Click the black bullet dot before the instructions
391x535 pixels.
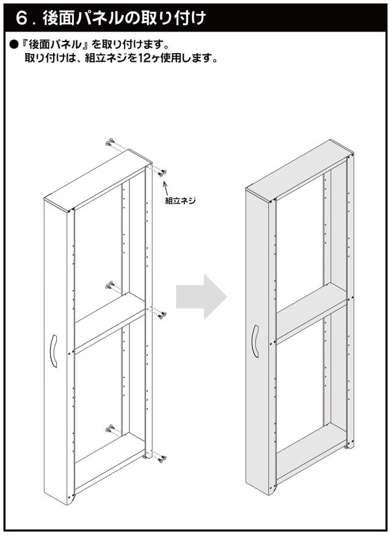pos(13,45)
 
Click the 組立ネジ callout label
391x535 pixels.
pos(180,200)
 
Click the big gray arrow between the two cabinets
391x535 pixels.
pos(201,296)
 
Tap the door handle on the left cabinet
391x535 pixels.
pos(54,351)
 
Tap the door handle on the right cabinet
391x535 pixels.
pos(255,341)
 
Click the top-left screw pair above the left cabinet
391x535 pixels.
pos(110,142)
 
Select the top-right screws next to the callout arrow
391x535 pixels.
pos(162,173)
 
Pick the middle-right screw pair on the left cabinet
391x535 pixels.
pos(162,315)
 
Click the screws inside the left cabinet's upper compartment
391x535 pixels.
pos(110,285)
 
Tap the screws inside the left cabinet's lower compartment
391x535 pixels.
pos(110,428)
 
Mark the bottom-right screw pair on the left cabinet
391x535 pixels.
pos(162,458)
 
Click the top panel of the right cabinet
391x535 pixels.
pos(299,170)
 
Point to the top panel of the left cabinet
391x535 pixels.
pos(98,180)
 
